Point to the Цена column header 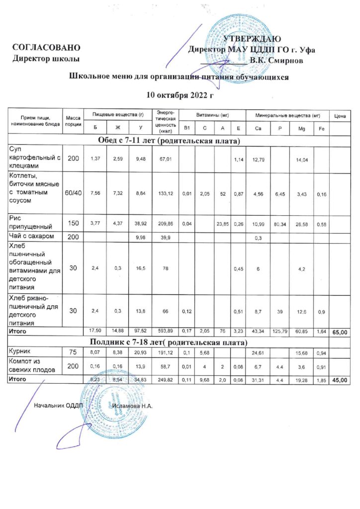340,116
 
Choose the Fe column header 321,129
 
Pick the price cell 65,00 340,332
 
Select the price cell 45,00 340,380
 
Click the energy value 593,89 163,331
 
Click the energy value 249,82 163,380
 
